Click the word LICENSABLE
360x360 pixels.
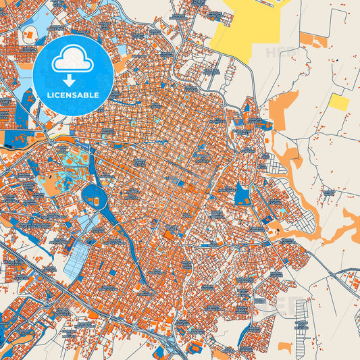73,95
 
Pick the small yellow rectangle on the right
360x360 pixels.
339,102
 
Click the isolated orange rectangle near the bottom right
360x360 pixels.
285,347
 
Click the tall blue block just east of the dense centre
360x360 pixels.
242,194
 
